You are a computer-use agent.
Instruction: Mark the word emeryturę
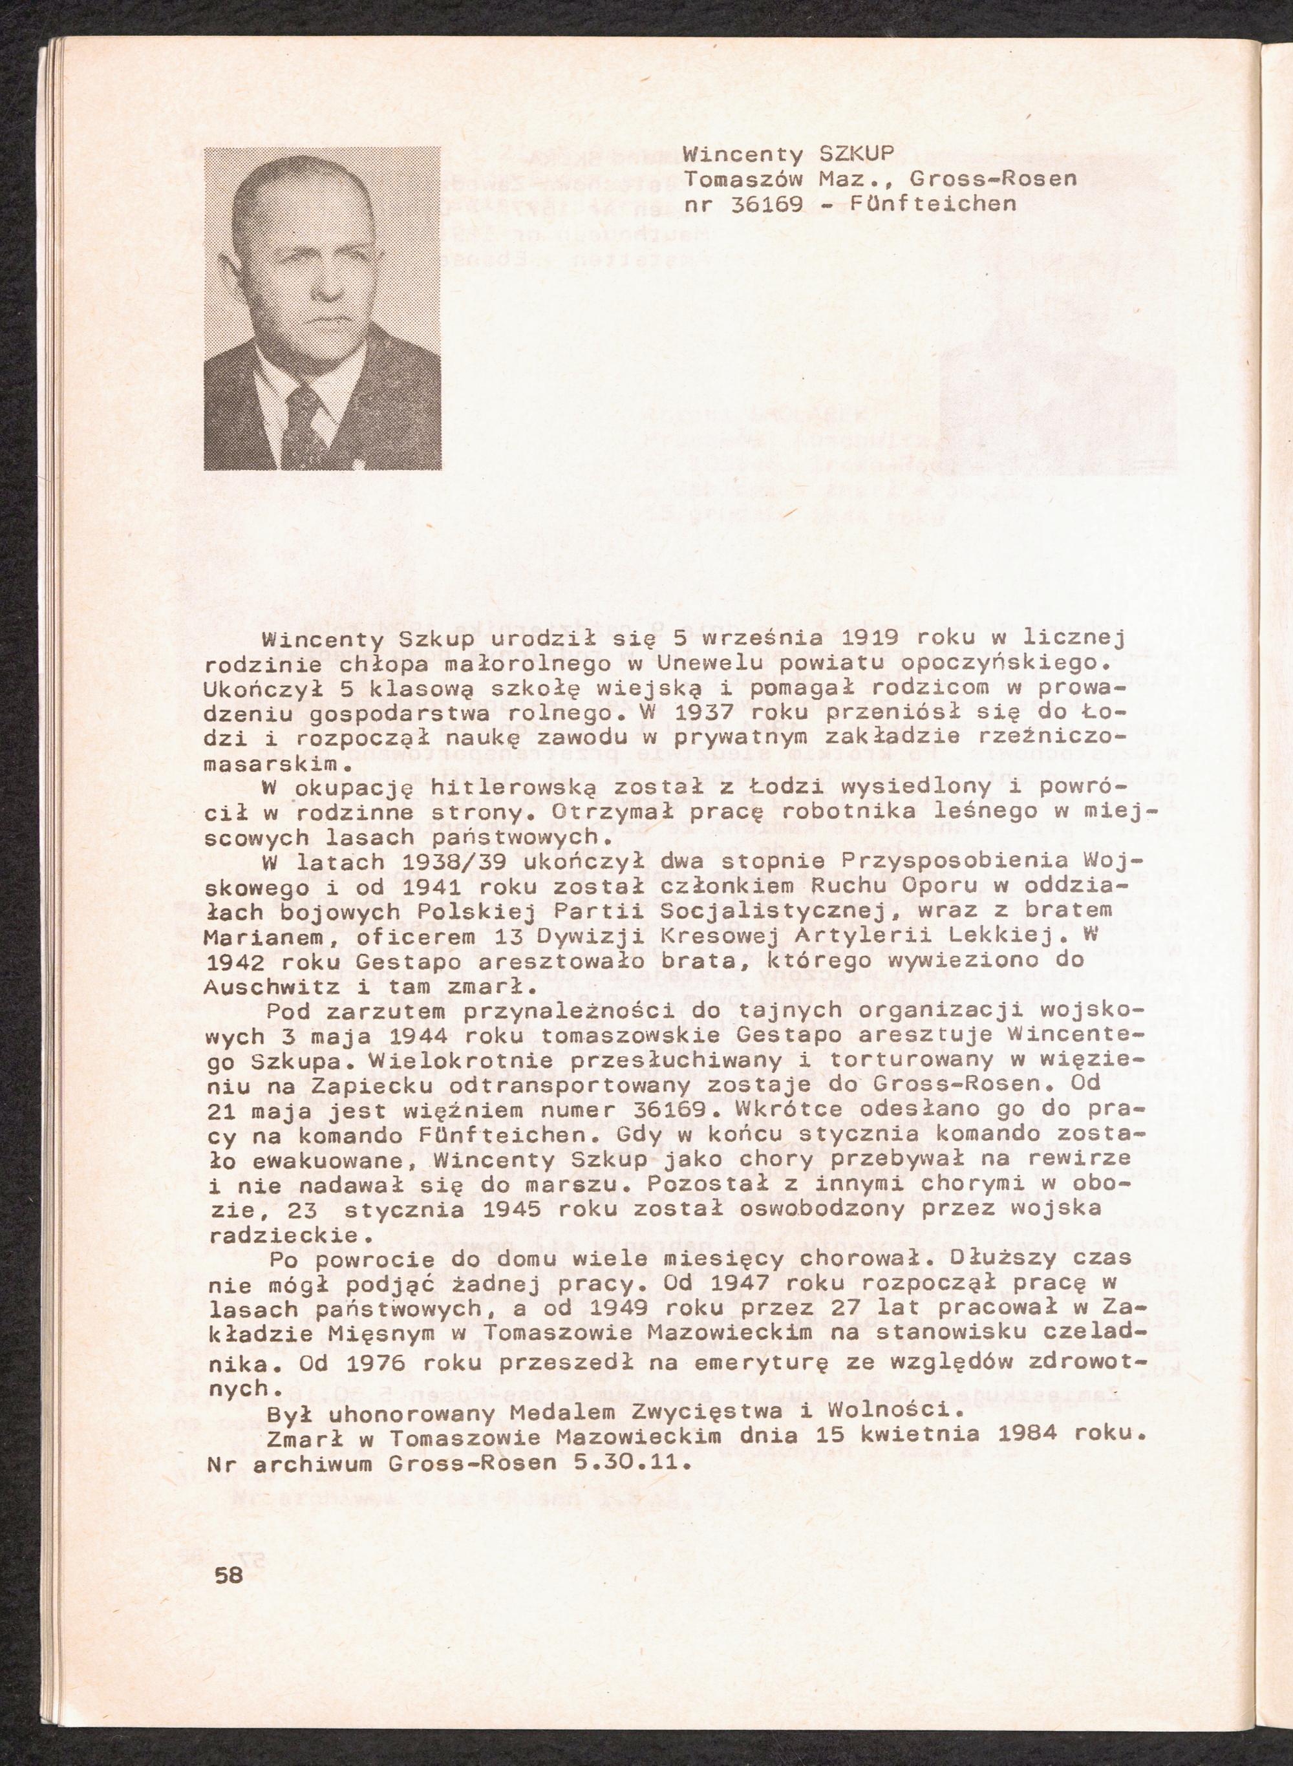[818, 1361]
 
